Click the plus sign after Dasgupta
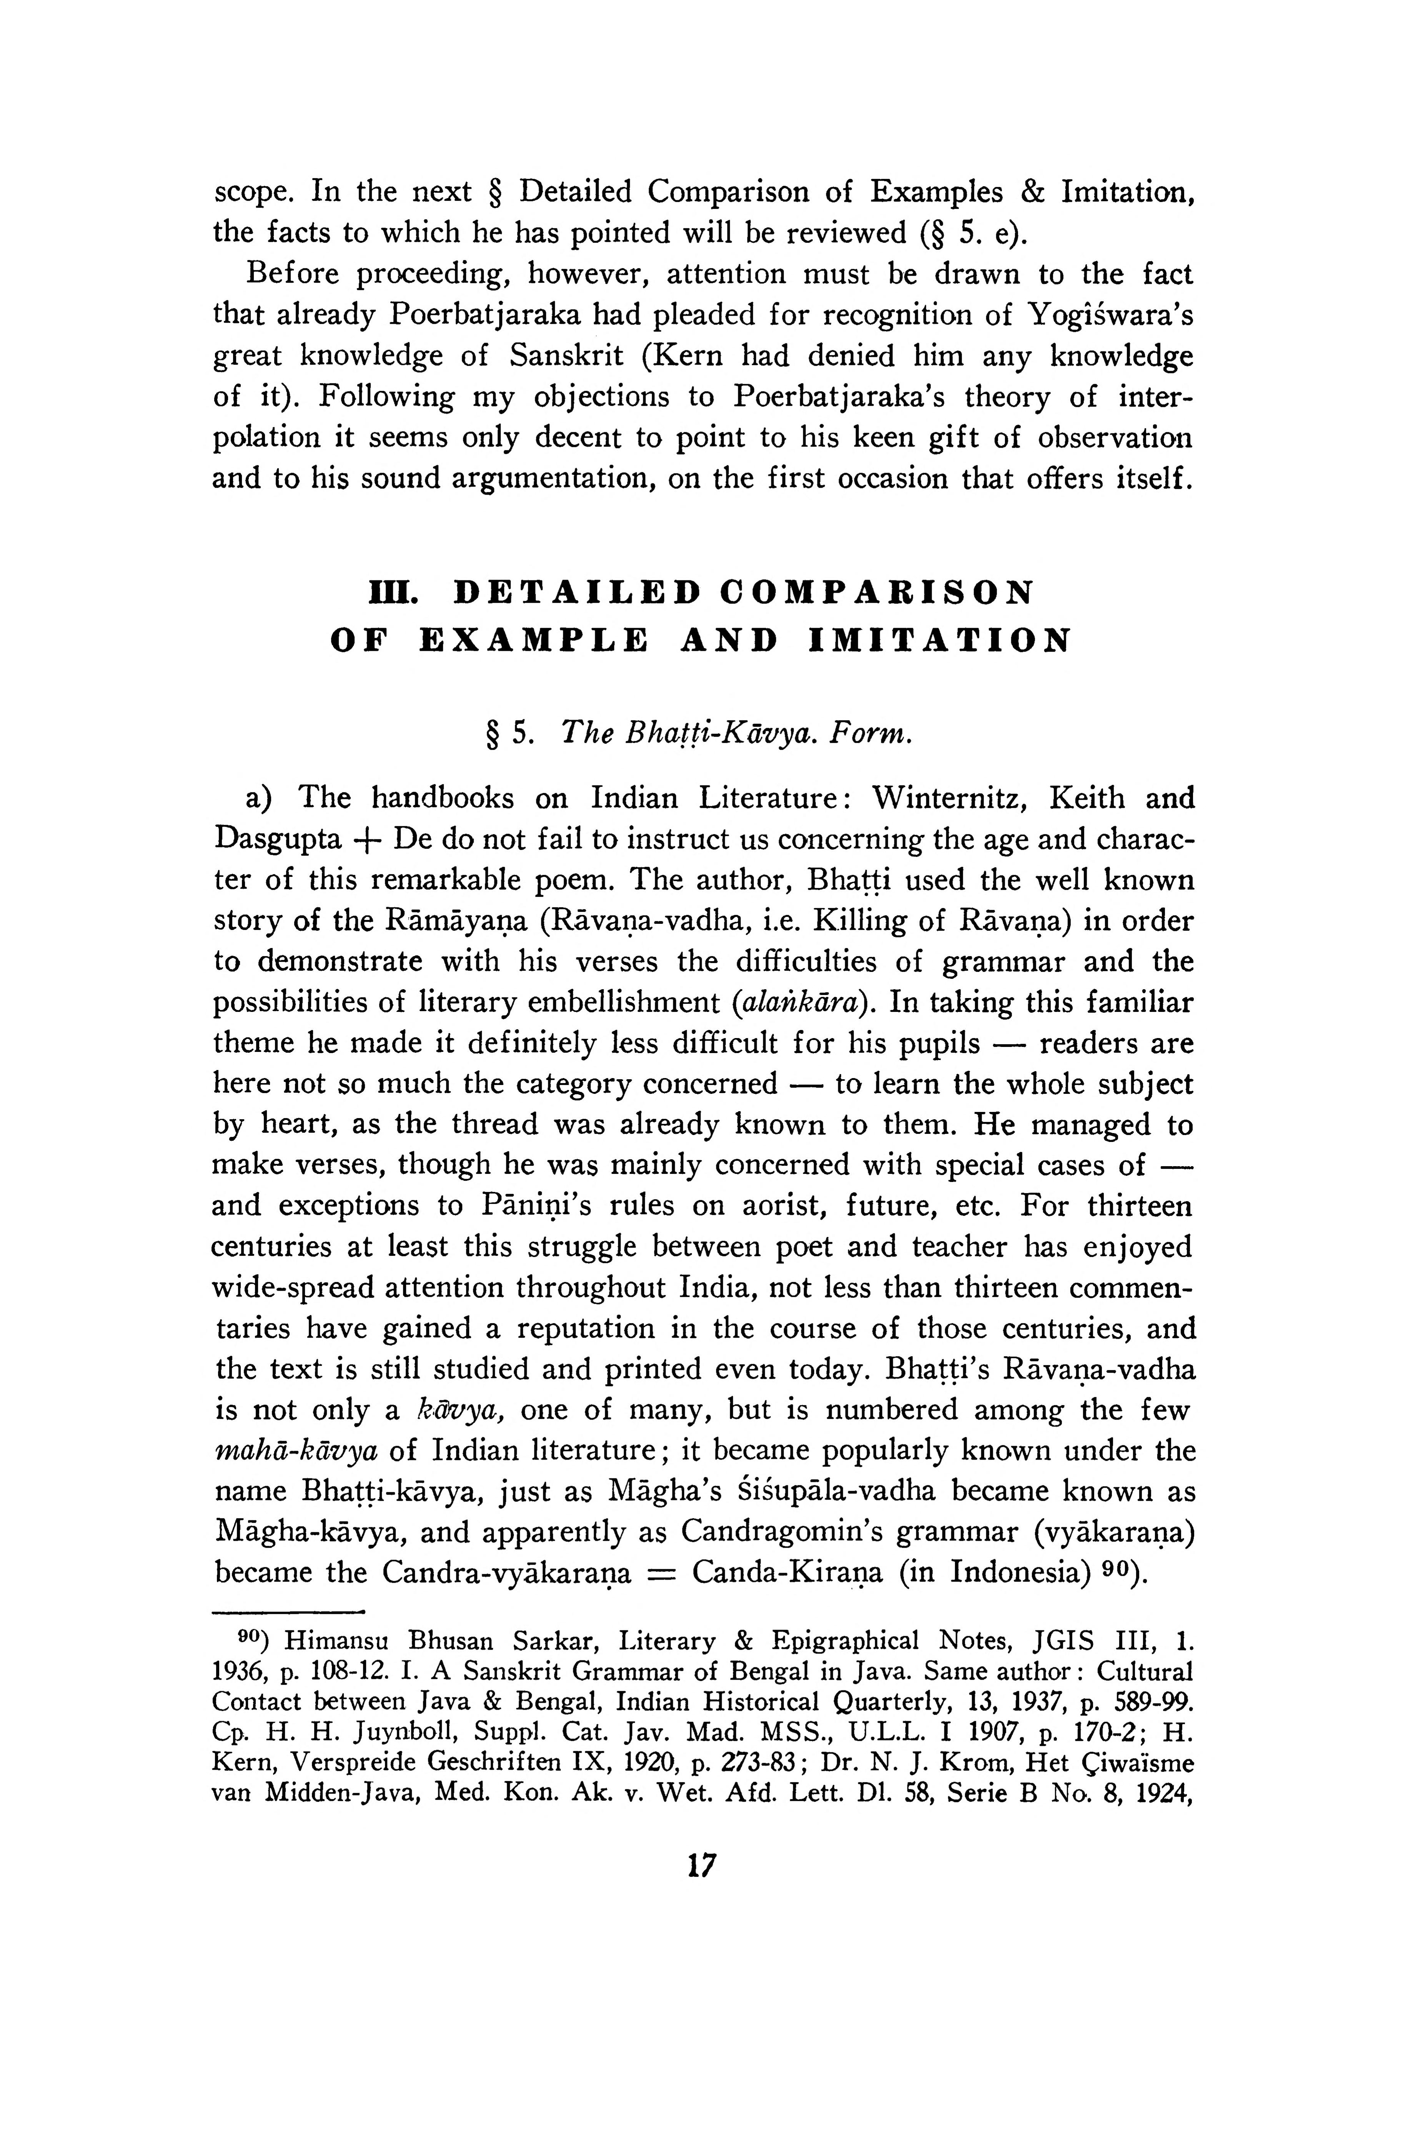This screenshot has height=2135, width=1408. pyautogui.click(x=368, y=840)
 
